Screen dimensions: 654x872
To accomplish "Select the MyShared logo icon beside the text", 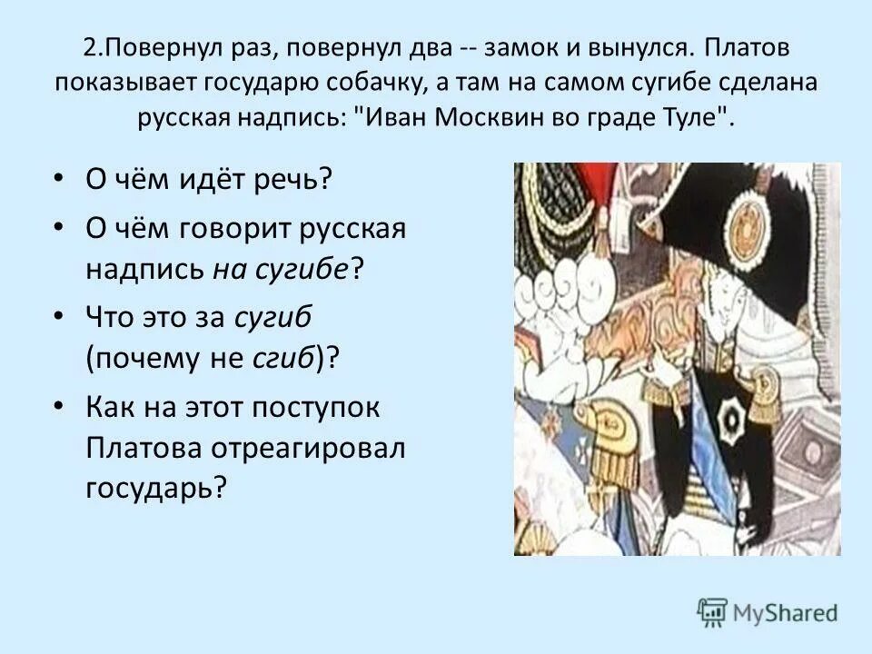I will click(x=713, y=611).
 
